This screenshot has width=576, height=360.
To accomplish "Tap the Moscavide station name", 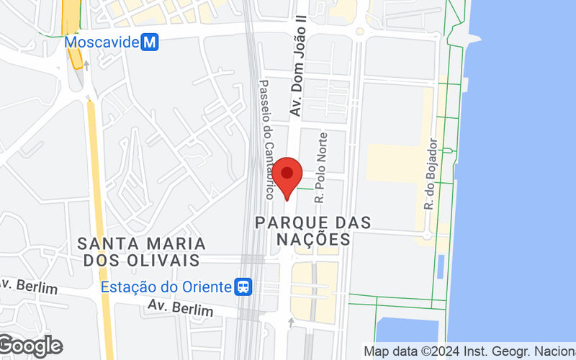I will pos(102,42).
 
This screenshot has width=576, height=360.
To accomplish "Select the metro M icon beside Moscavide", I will pos(150,42).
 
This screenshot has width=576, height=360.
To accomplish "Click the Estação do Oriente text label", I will pos(166,287).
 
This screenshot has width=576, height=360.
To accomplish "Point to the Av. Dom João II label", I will pos(295,68).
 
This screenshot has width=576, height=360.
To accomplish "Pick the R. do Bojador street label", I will pos(431,174).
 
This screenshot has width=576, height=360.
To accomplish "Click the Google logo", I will pos(30,346).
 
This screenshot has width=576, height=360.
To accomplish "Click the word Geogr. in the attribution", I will pos(515,352).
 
